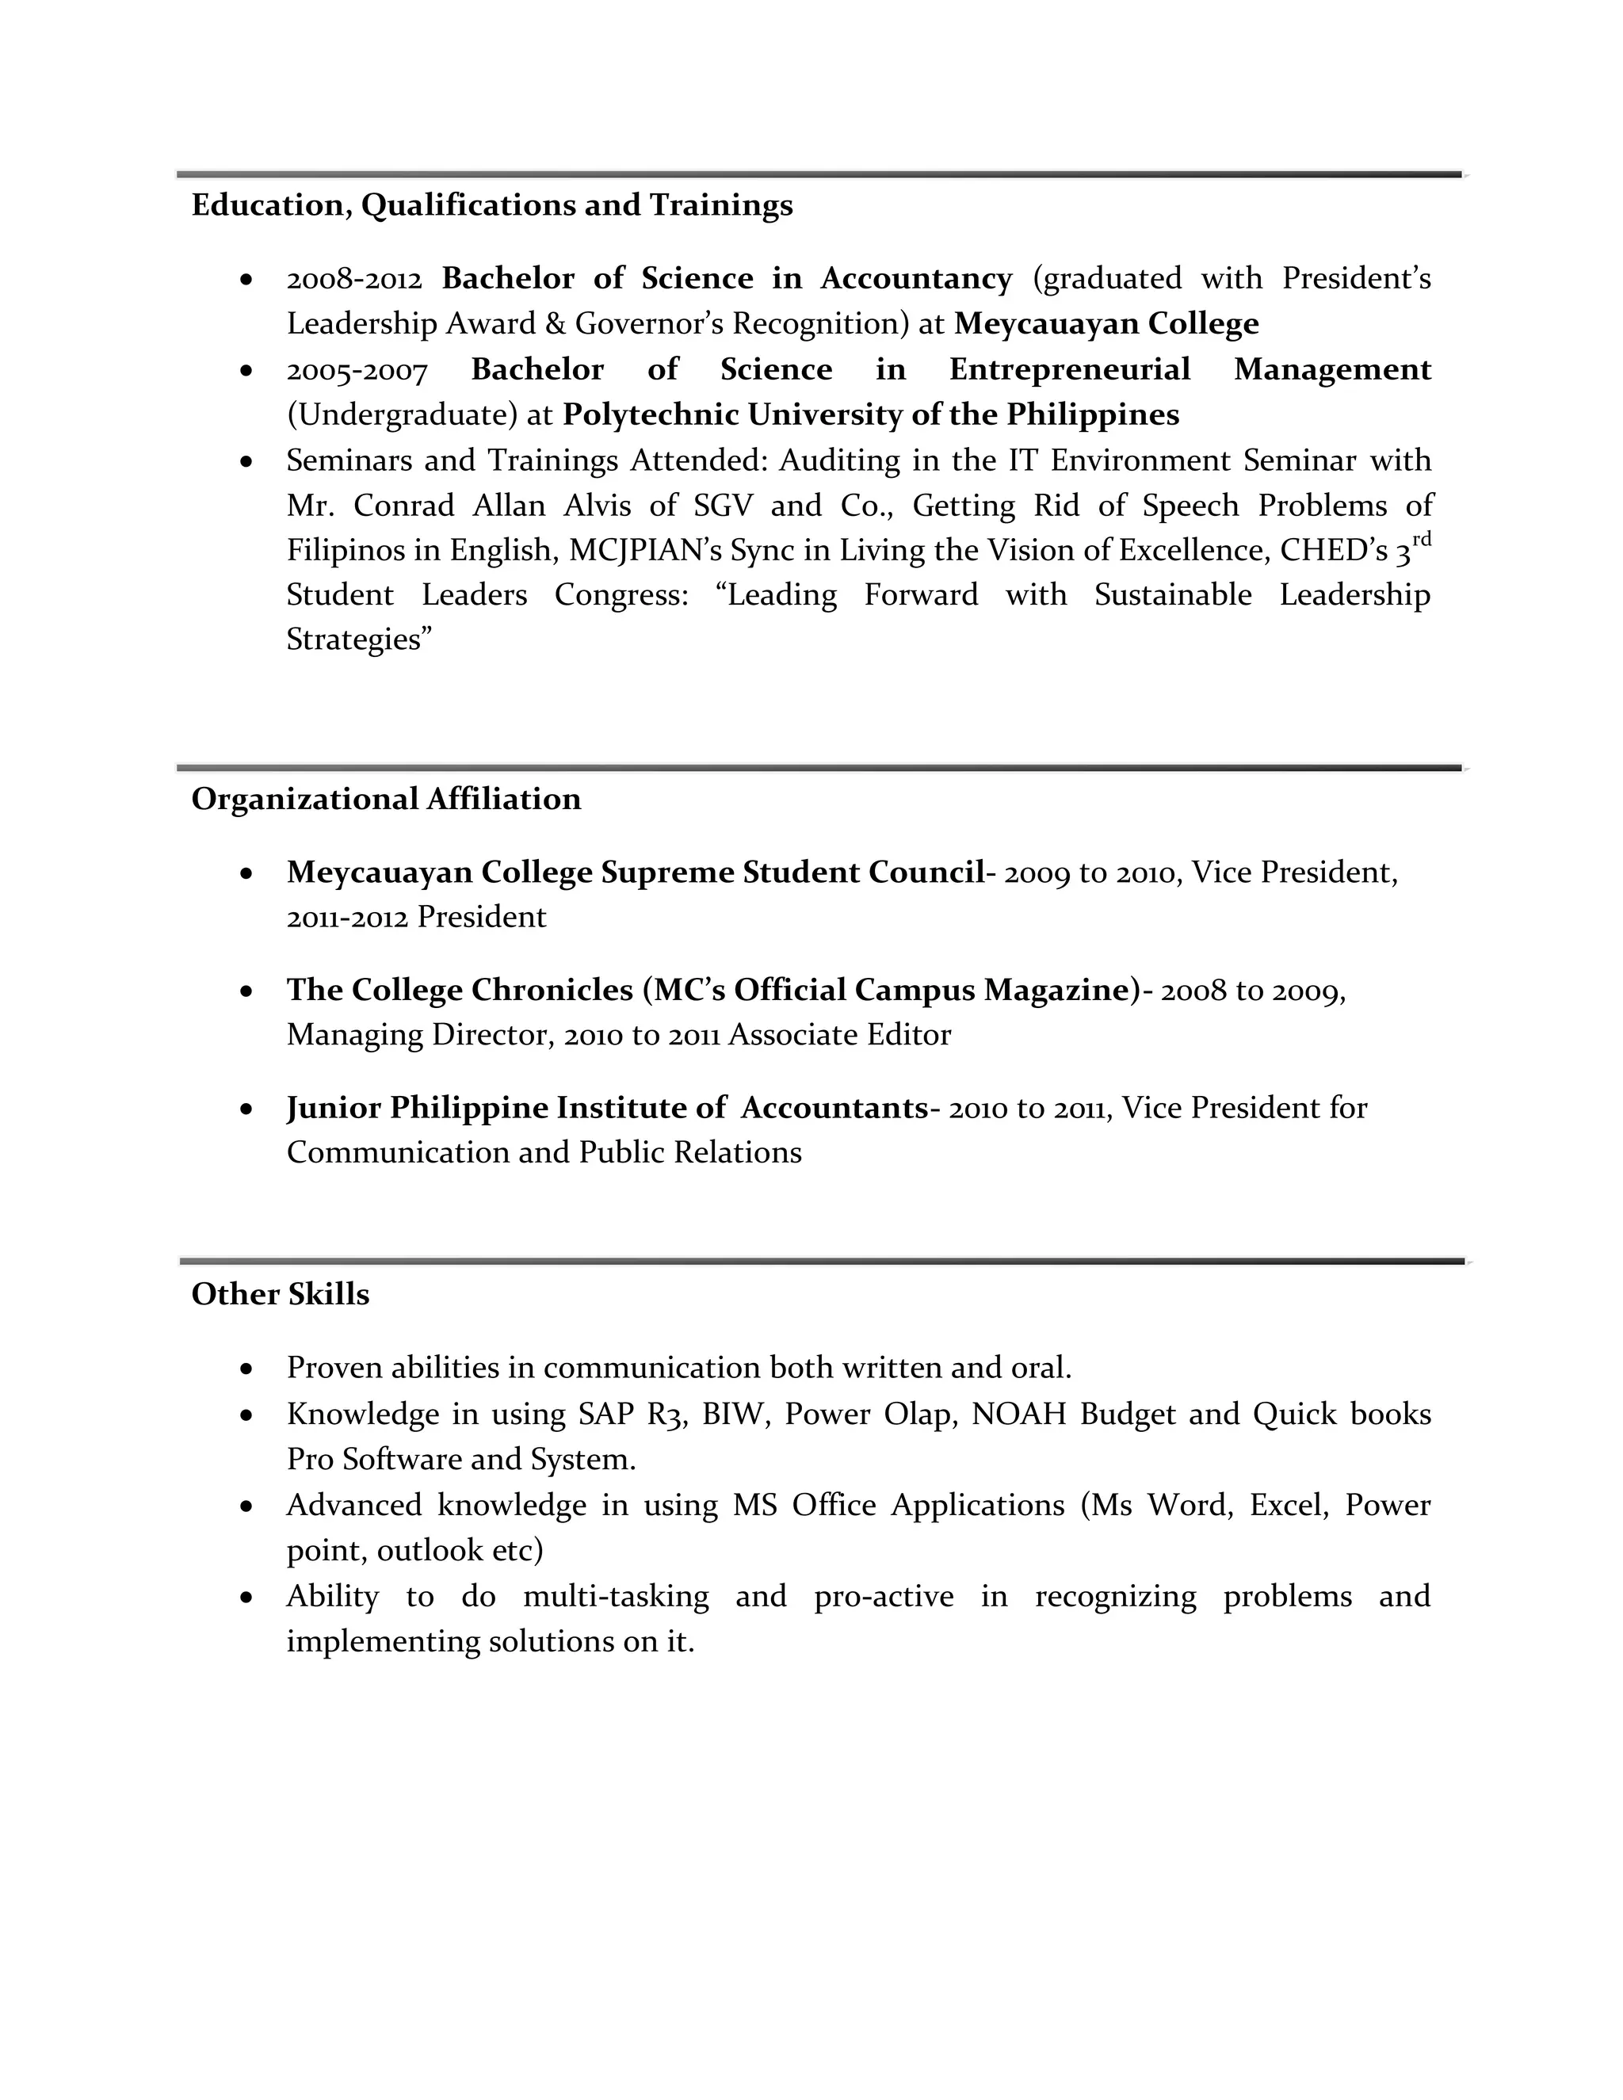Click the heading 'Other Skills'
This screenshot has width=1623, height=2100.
point(280,1294)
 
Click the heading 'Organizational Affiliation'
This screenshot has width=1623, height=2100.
point(386,799)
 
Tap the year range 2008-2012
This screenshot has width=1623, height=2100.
point(353,279)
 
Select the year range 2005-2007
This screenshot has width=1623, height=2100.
point(356,370)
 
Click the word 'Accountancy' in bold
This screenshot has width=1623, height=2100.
point(915,279)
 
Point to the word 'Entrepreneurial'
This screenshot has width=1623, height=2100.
point(1069,370)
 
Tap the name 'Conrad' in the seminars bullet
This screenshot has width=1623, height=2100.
point(404,506)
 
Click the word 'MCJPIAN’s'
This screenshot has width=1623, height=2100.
point(644,550)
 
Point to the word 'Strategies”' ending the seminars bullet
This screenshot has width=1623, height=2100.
point(360,640)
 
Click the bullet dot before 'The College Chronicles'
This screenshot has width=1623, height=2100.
point(247,991)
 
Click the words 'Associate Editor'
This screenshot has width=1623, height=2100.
point(839,1035)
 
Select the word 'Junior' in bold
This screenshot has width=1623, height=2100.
point(333,1109)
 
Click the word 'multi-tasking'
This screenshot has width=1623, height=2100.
point(615,1596)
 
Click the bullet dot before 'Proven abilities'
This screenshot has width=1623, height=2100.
point(247,1369)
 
